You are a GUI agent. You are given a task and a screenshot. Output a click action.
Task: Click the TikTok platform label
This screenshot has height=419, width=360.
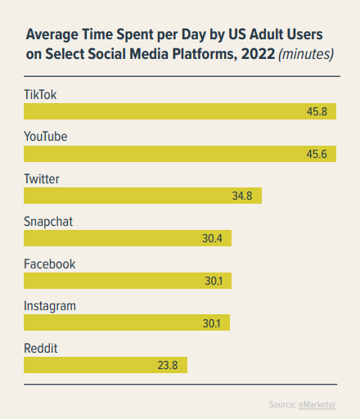coord(40,94)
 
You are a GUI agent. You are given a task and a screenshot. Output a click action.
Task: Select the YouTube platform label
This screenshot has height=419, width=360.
coord(45,137)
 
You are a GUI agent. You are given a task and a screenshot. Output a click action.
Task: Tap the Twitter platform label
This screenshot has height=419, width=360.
coord(42,179)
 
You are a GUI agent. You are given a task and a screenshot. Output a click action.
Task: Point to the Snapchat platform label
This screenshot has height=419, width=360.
coord(48,222)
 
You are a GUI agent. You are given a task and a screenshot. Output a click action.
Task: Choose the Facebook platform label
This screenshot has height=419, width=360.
coord(49,264)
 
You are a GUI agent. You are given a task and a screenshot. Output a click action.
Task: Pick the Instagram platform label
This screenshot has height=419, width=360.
coord(50,306)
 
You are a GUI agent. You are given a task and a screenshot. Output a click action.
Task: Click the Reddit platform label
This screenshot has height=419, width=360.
coord(40,349)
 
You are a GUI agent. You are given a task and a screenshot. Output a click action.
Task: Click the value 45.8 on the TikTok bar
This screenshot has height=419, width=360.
coord(317,111)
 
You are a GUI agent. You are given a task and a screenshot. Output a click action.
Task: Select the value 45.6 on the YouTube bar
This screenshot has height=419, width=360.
coord(317,154)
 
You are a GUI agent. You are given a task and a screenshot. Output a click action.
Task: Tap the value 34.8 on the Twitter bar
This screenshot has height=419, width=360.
coord(243,196)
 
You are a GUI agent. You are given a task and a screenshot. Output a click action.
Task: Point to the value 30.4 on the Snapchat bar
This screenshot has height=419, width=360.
coord(213,239)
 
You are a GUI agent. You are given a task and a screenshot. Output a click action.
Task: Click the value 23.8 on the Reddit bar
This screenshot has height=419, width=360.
coord(169,366)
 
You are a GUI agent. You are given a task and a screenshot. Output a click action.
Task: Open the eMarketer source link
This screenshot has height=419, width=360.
coord(317,404)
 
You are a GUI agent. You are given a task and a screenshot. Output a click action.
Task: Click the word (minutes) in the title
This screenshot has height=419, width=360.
coord(306,56)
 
